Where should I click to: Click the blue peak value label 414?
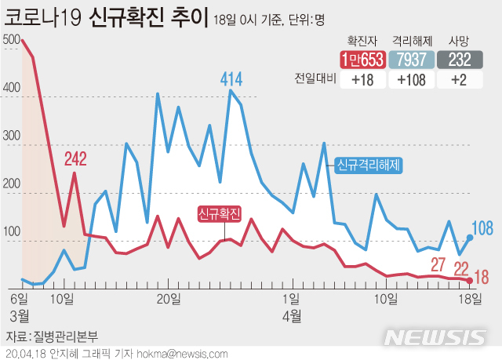click(x=231, y=78)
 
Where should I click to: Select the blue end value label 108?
click(x=482, y=228)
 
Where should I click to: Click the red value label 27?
click(x=438, y=264)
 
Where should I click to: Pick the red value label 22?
click(x=463, y=267)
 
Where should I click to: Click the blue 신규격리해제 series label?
click(x=369, y=165)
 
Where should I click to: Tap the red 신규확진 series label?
click(x=220, y=213)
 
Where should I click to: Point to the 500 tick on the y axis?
click(x=12, y=39)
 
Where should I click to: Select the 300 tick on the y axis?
click(x=12, y=136)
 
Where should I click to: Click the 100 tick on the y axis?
click(x=12, y=232)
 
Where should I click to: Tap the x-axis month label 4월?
click(x=291, y=315)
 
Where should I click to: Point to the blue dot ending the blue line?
click(x=470, y=237)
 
